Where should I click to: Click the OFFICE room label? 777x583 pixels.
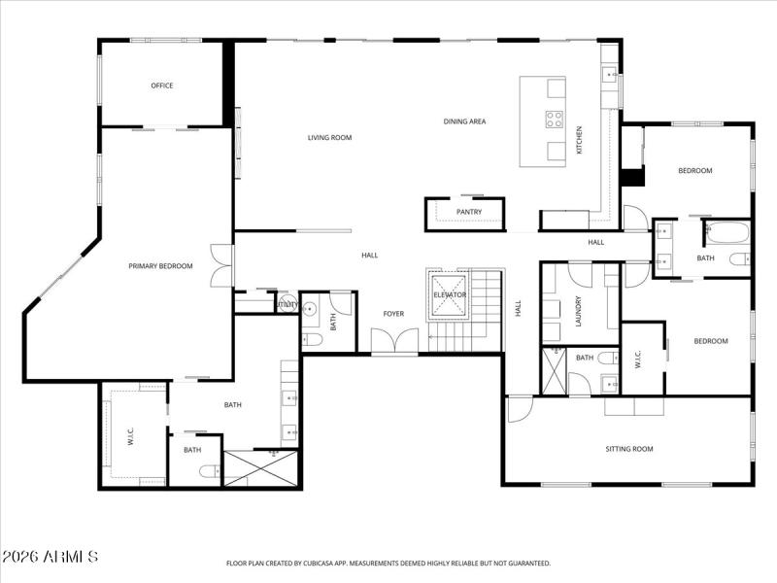(x=162, y=86)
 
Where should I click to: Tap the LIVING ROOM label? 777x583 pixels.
(x=329, y=138)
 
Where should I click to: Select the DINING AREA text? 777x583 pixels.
(x=464, y=121)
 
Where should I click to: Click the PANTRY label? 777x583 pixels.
(x=469, y=212)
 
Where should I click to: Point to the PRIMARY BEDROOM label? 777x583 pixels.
(x=161, y=266)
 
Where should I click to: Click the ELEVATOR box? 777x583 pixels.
(x=450, y=294)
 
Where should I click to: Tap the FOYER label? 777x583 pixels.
(x=393, y=314)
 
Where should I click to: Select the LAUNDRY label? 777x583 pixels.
(x=579, y=311)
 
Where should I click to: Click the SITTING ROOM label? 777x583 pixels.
(x=629, y=449)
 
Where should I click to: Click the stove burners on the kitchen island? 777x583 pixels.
(x=555, y=120)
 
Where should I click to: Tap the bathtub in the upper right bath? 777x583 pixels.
(x=727, y=234)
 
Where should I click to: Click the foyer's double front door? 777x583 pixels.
(x=395, y=342)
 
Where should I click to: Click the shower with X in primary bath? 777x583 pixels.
(x=253, y=468)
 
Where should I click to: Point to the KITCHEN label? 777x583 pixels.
(x=580, y=140)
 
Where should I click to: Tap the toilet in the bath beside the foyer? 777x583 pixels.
(x=312, y=339)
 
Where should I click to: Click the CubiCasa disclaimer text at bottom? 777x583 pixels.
(x=388, y=563)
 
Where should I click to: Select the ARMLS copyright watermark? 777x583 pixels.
(x=51, y=557)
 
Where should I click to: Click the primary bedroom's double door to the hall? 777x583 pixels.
(x=222, y=265)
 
